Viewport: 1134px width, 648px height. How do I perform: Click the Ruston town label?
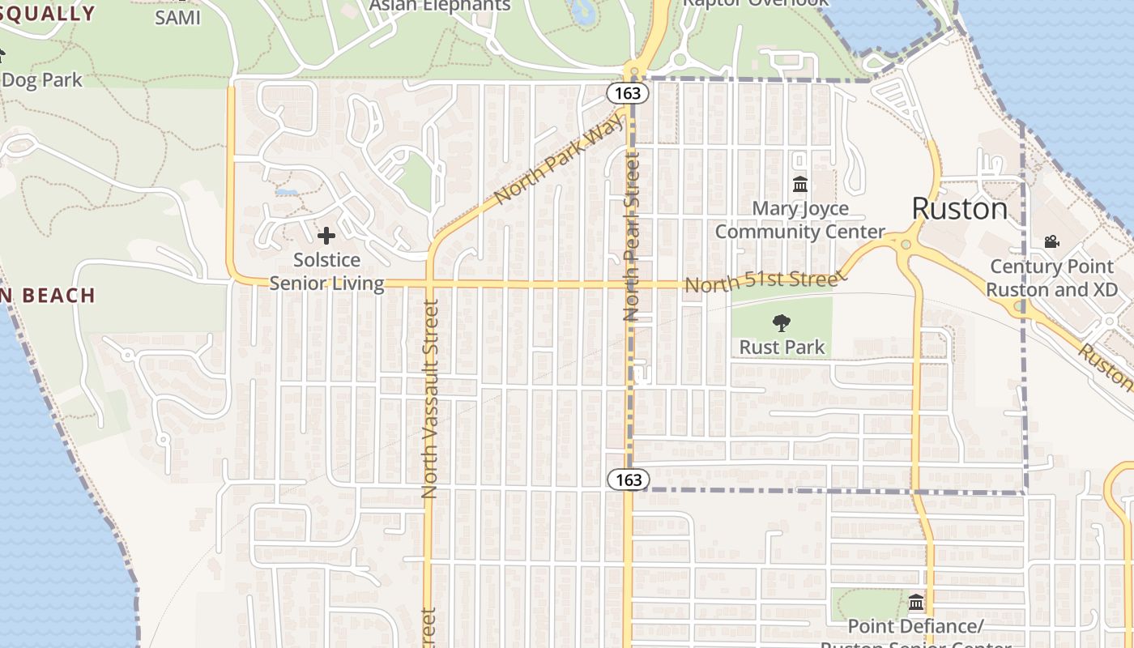coord(960,209)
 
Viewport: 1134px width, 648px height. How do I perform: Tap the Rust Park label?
coord(782,347)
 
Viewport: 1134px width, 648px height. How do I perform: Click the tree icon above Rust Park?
coord(782,323)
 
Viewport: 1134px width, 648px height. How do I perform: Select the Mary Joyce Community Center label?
coord(799,220)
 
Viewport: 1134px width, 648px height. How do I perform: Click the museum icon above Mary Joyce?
coord(800,185)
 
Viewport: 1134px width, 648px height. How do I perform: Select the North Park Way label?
coord(560,158)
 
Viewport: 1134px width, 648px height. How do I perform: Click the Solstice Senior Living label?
coord(326,271)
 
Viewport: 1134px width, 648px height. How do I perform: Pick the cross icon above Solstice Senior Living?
coord(326,236)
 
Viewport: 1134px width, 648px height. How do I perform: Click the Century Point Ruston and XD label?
coord(1051,278)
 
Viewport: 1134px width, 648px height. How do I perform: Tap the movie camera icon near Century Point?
coord(1051,241)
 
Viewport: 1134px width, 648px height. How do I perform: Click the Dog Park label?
coord(42,80)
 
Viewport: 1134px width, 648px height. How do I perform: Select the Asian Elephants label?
coord(440,6)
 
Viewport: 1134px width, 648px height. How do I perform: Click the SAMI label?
coord(177,17)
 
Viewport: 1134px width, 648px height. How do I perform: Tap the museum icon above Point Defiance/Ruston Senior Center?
coord(916,603)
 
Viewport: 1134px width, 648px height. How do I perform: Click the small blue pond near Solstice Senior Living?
coord(286,193)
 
